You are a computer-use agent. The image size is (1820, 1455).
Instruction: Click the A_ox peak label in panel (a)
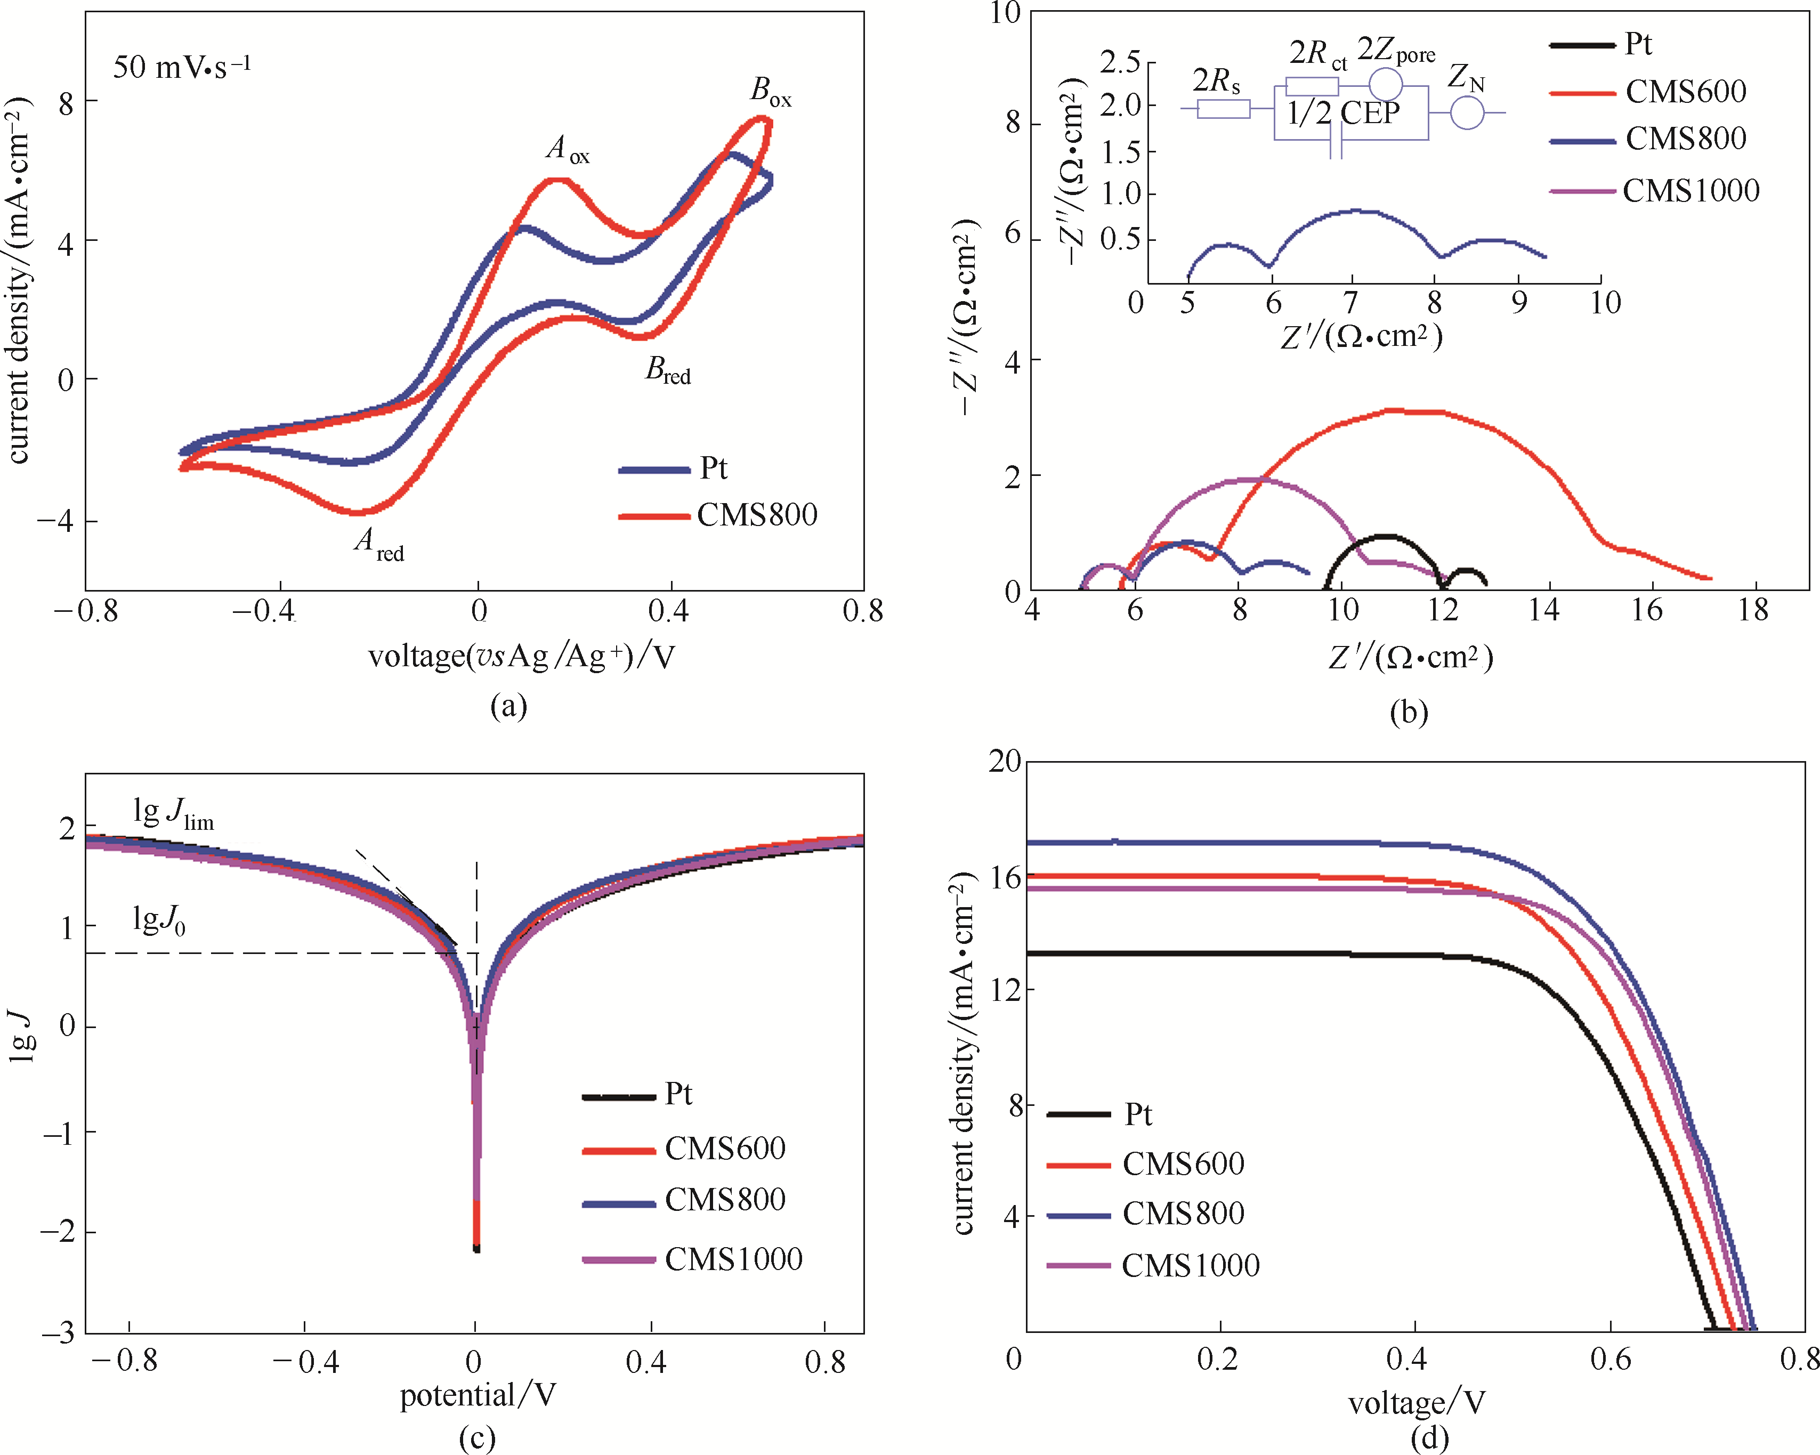pyautogui.click(x=567, y=149)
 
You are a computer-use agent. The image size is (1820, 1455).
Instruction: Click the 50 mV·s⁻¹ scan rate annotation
pyautogui.click(x=182, y=67)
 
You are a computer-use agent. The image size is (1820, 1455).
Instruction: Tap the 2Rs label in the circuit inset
pyautogui.click(x=1216, y=81)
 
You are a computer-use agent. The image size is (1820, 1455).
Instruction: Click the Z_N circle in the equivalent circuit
pyautogui.click(x=1467, y=112)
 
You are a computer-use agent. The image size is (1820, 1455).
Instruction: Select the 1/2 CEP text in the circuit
pyautogui.click(x=1342, y=113)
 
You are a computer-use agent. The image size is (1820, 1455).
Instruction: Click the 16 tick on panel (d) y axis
pyautogui.click(x=1005, y=878)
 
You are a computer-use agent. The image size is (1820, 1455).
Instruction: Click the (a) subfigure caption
pyautogui.click(x=508, y=706)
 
